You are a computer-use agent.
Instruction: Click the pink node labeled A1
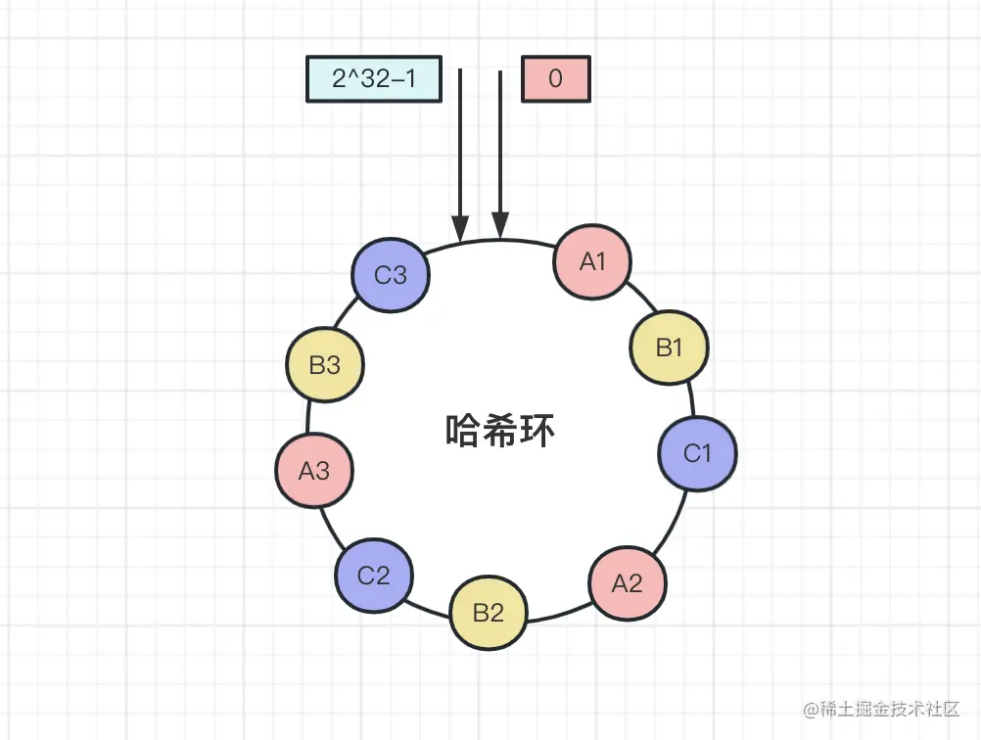click(592, 261)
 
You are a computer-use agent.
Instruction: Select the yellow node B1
click(669, 347)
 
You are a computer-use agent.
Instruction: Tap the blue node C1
click(697, 453)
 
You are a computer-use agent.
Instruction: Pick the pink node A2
click(628, 583)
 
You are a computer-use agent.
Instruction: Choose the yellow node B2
click(489, 614)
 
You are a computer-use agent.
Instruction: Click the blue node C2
click(374, 575)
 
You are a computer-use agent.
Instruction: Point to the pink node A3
click(314, 471)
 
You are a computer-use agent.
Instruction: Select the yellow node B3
click(325, 365)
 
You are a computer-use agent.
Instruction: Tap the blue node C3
click(391, 275)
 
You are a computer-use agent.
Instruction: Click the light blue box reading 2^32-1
click(374, 78)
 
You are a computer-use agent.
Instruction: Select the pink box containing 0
click(556, 78)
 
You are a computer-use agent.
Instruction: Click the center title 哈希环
click(500, 431)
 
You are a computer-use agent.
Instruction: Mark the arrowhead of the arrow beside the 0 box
click(500, 228)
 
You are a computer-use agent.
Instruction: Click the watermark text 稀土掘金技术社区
click(889, 708)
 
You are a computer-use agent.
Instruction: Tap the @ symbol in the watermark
click(810, 708)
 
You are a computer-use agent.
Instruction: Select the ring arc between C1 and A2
click(673, 524)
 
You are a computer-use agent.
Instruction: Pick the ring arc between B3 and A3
click(311, 417)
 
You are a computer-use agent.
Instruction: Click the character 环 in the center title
click(537, 431)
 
